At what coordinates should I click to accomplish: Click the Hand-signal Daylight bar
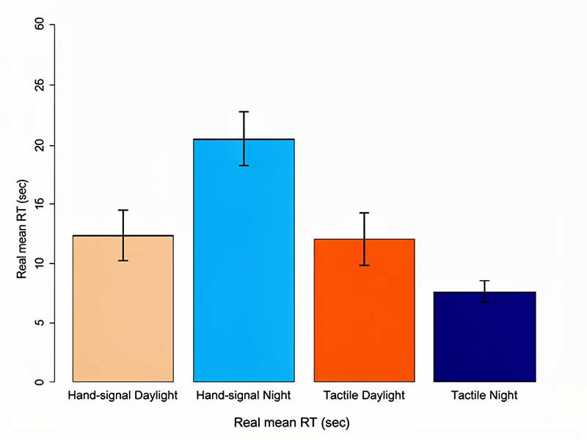click(x=123, y=308)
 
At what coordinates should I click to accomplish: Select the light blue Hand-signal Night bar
click(x=244, y=260)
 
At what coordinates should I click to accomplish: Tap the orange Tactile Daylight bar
click(x=364, y=310)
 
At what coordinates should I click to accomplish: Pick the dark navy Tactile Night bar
click(x=484, y=337)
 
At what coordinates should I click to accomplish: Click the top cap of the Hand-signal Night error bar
click(x=244, y=112)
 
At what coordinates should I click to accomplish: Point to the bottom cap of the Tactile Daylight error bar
click(x=364, y=265)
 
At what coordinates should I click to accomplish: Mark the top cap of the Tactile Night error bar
click(x=484, y=281)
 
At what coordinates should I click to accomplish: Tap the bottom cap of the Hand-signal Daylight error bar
click(x=123, y=260)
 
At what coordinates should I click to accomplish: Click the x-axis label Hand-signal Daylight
click(x=123, y=396)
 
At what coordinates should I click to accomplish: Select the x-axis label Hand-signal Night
click(x=244, y=396)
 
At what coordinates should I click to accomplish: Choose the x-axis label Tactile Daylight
click(x=364, y=396)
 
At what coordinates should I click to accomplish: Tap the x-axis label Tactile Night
click(x=484, y=396)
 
